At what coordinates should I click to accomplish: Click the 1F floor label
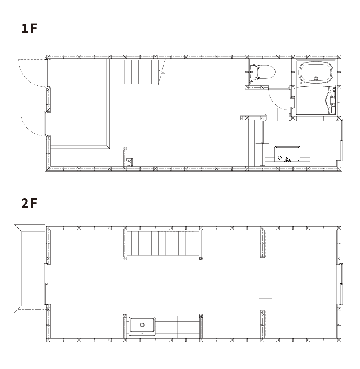[29, 28]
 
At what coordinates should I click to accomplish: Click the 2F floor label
[29, 203]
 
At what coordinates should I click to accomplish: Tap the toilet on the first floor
[262, 72]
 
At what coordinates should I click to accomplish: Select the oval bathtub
[316, 72]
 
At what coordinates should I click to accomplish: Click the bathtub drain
[316, 78]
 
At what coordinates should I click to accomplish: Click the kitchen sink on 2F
[142, 326]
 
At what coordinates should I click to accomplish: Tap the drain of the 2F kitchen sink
[142, 325]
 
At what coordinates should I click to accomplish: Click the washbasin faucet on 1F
[287, 158]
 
